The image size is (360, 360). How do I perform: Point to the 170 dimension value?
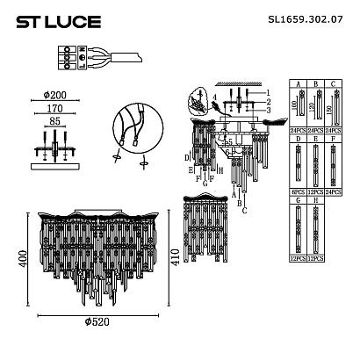[x=55, y=112]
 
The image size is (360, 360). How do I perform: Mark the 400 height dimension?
[x=11, y=257]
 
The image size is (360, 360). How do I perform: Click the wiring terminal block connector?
[x=63, y=63]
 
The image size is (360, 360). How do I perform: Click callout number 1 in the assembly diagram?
[x=269, y=93]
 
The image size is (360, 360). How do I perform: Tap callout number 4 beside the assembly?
[x=213, y=97]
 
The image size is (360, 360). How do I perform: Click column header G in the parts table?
[x=299, y=201]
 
